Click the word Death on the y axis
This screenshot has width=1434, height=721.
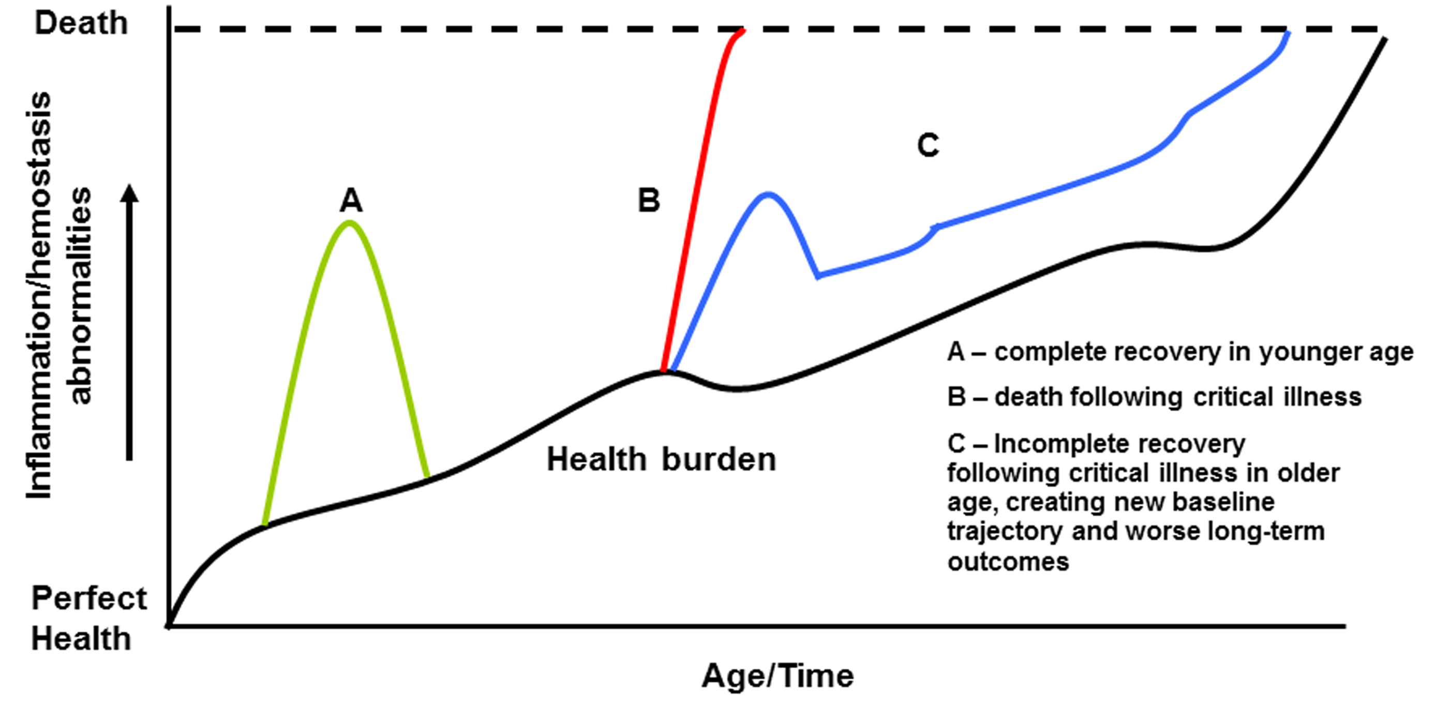[x=81, y=23]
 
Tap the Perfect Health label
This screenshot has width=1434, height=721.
[x=88, y=618]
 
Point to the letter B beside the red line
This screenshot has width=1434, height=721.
[x=649, y=201]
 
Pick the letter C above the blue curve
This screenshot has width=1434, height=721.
[x=928, y=145]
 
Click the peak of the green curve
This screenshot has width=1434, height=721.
[x=350, y=222]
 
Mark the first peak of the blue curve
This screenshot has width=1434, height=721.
[x=768, y=194]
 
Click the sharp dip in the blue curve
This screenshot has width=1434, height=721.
[x=818, y=276]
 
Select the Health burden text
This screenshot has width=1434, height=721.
[x=661, y=460]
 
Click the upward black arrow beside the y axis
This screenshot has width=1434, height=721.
[x=130, y=323]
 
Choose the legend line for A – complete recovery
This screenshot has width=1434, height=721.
[x=1180, y=352]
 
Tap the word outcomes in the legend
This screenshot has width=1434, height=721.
[x=1008, y=562]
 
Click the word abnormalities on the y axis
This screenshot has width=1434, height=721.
[x=79, y=295]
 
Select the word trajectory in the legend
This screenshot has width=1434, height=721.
[x=1005, y=532]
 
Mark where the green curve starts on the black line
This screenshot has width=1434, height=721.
[x=265, y=524]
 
